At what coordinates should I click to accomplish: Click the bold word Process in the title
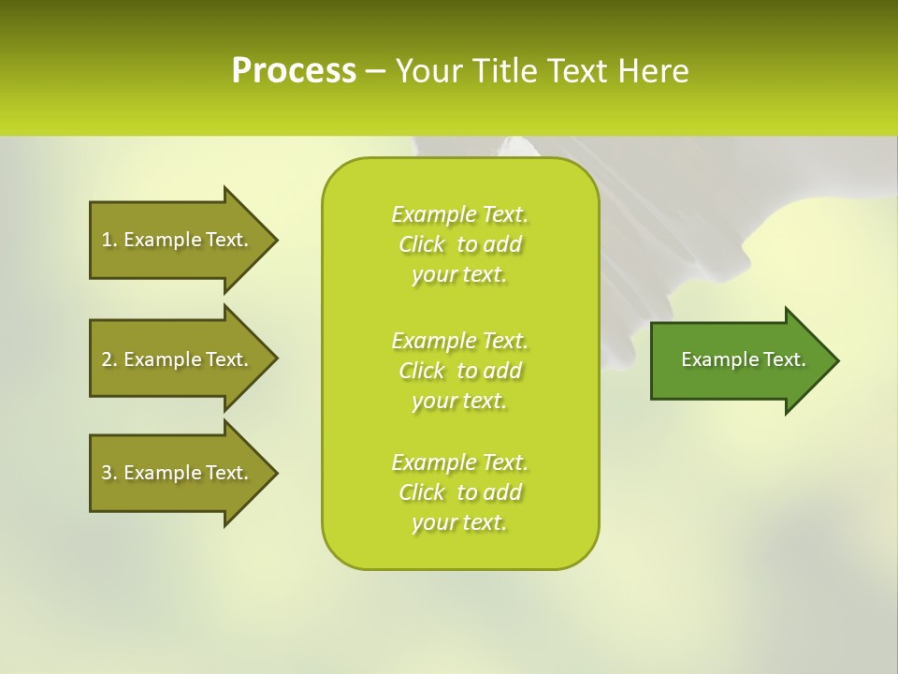click(x=294, y=70)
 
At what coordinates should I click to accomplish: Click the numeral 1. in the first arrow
click(x=109, y=240)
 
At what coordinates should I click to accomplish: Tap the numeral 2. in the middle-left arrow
click(x=109, y=359)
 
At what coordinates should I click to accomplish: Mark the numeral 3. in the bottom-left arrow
click(x=109, y=473)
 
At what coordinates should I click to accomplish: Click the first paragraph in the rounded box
click(x=459, y=244)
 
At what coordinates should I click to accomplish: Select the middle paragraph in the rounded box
click(x=459, y=371)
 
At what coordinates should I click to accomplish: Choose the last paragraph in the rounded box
click(x=459, y=492)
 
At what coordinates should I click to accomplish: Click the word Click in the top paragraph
click(x=422, y=244)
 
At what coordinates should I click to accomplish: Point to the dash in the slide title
click(x=375, y=71)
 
